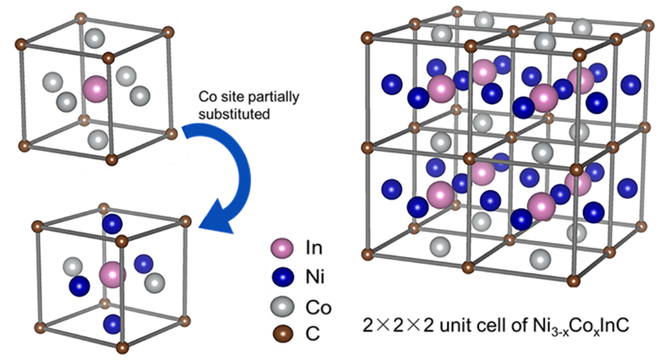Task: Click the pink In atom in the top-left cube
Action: [96, 87]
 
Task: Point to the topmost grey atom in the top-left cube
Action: [97, 37]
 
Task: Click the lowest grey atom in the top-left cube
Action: [97, 138]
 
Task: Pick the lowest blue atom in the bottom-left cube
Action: [112, 323]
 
